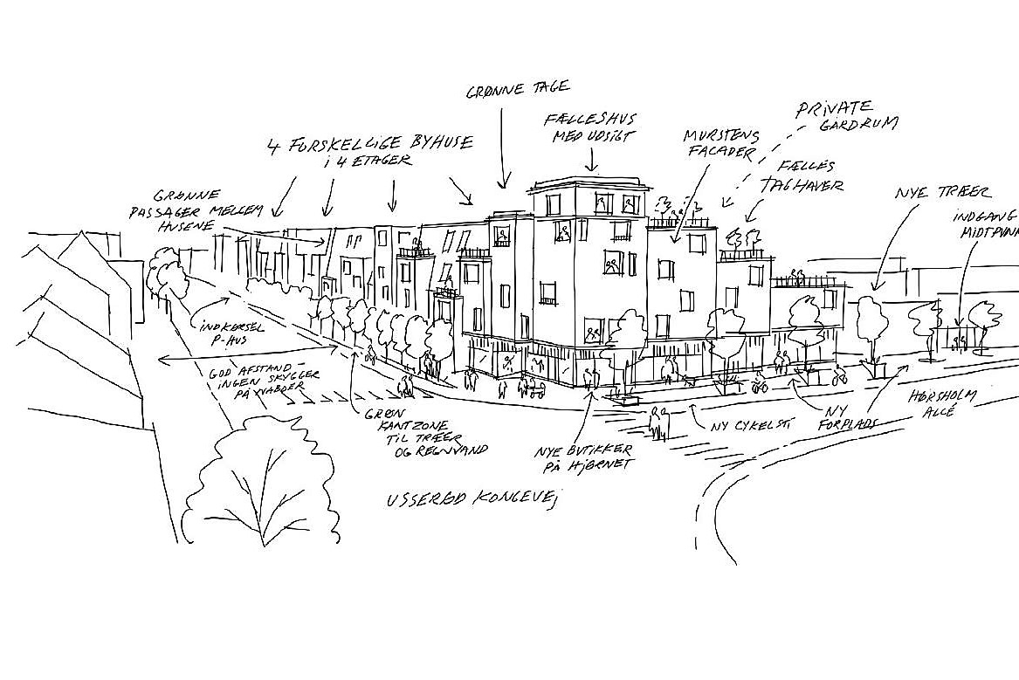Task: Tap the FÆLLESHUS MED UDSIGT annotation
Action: pyautogui.click(x=591, y=127)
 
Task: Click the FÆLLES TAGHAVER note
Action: pyautogui.click(x=801, y=175)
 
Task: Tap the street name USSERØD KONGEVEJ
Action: pyautogui.click(x=472, y=499)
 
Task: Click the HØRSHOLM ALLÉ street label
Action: pyautogui.click(x=943, y=403)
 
